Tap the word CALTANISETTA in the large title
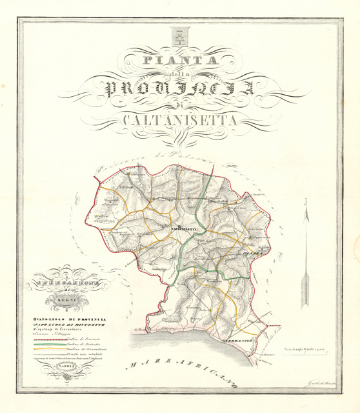click(179, 119)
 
